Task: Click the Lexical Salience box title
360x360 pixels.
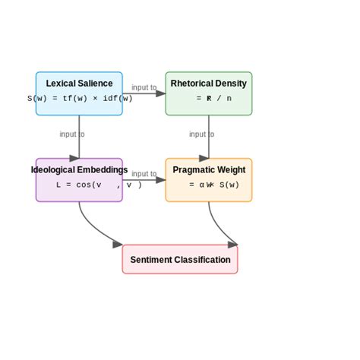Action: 79,84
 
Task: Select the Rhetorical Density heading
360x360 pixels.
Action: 209,84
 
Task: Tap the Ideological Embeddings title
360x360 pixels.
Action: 79,170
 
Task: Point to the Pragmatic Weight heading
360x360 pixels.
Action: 209,170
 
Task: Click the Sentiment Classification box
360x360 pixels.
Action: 180,260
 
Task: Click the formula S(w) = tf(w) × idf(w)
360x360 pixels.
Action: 80,99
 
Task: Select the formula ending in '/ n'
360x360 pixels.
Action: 213,99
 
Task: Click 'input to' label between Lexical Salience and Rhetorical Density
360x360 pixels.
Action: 144,88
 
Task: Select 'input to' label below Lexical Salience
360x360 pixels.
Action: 72,134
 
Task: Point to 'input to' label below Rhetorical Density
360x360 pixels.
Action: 201,134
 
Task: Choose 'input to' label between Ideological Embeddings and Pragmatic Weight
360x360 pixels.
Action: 144,175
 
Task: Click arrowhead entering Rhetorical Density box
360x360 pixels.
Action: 161,93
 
